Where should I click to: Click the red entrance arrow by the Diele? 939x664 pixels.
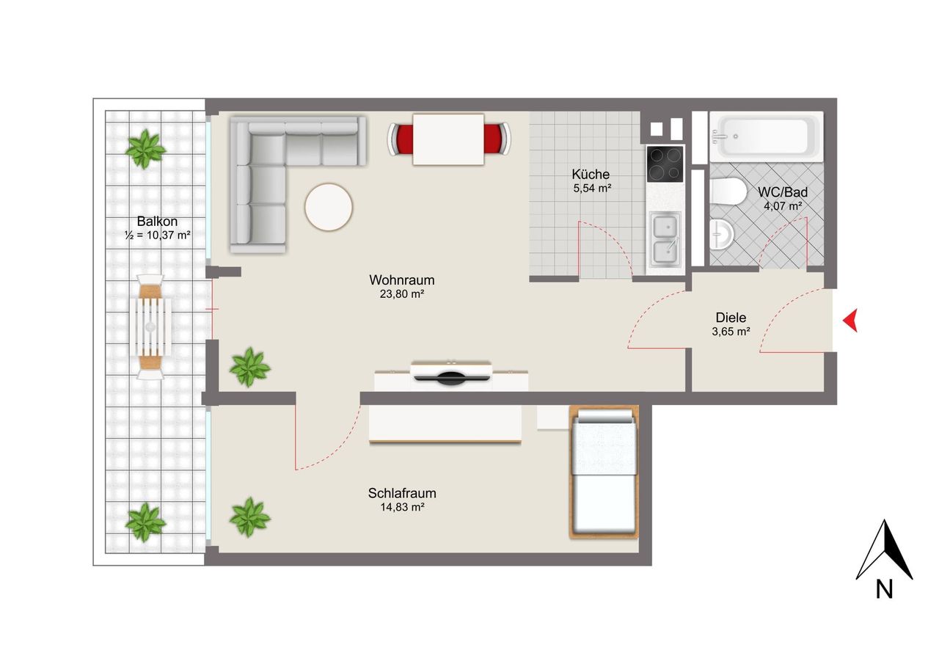[850, 321]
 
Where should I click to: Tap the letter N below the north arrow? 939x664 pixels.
[884, 589]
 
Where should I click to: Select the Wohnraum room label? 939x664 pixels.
[401, 280]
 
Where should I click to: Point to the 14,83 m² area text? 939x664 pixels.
[402, 507]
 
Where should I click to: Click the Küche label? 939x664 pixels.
[591, 174]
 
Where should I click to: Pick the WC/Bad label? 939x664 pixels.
[782, 192]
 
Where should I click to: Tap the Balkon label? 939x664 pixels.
[157, 222]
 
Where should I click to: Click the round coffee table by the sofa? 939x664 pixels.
[329, 207]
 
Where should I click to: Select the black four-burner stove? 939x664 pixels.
[665, 164]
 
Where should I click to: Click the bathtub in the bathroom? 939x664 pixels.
[767, 136]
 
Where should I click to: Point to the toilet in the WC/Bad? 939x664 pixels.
[728, 191]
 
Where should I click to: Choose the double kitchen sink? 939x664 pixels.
[665, 240]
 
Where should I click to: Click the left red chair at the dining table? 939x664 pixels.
[400, 139]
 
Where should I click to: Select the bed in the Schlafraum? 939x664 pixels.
[604, 472]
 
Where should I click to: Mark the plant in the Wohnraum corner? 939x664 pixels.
[250, 367]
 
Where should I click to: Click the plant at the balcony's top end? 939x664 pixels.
[145, 149]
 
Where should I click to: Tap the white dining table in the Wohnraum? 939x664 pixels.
[448, 139]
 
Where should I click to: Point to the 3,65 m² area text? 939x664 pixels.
[731, 332]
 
